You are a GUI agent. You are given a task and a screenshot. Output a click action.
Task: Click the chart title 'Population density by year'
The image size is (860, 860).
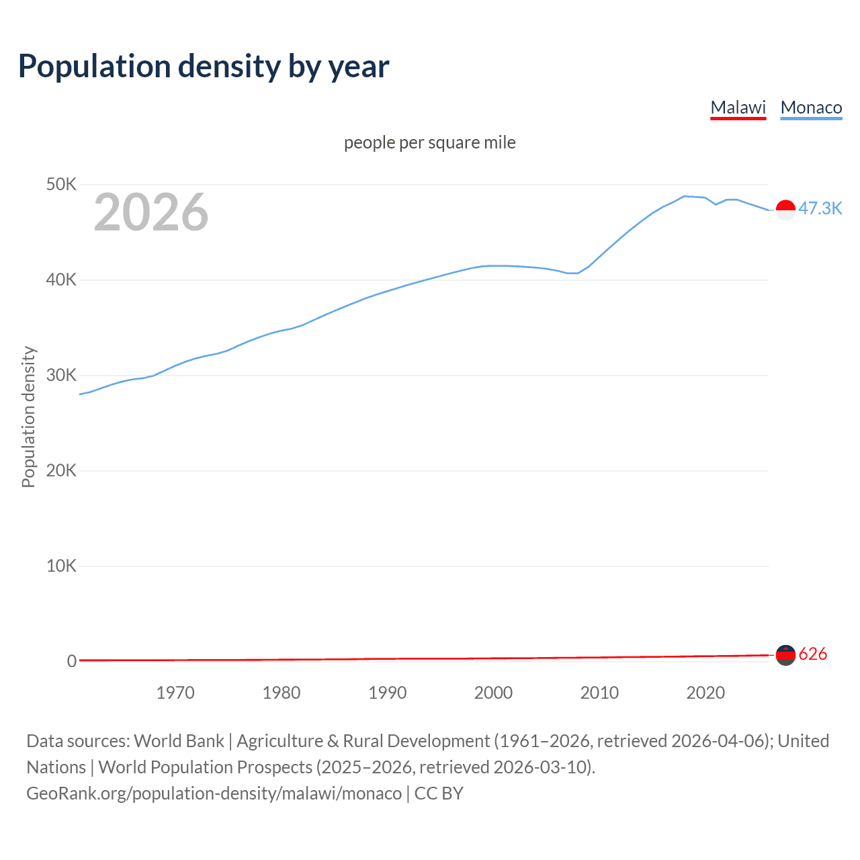pyautogui.click(x=204, y=67)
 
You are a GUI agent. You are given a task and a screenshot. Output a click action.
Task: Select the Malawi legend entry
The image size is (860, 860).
pyautogui.click(x=738, y=107)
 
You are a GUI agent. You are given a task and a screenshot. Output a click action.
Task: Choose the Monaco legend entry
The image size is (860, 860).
pyautogui.click(x=811, y=107)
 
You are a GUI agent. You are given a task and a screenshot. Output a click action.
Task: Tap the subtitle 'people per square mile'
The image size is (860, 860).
pyautogui.click(x=429, y=142)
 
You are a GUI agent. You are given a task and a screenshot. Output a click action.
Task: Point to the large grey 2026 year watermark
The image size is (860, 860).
pyautogui.click(x=151, y=212)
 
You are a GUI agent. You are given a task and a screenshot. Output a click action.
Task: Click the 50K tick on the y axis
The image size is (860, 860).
pyautogui.click(x=61, y=184)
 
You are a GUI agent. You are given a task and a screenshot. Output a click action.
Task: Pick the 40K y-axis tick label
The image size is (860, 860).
pyautogui.click(x=61, y=279)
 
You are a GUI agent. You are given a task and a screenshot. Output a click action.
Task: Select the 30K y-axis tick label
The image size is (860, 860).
pyautogui.click(x=61, y=375)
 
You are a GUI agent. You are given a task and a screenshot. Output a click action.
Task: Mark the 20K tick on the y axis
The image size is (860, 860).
pyautogui.click(x=61, y=470)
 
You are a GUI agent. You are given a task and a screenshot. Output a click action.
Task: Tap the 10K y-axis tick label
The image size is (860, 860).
pyautogui.click(x=61, y=566)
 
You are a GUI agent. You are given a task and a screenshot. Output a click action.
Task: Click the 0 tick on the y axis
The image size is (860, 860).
pyautogui.click(x=71, y=661)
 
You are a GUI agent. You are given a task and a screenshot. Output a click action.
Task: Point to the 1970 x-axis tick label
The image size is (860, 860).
pyautogui.click(x=175, y=693)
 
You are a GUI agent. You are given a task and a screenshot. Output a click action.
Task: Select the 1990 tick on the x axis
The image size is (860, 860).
pyautogui.click(x=387, y=693)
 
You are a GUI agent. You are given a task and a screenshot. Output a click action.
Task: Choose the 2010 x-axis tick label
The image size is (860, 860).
pyautogui.click(x=599, y=693)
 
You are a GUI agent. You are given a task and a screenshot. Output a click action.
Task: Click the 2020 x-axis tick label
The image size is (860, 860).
pyautogui.click(x=705, y=693)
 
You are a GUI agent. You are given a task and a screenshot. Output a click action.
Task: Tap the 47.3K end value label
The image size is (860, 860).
pyautogui.click(x=820, y=208)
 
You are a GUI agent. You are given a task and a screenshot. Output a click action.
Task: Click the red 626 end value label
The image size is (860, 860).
pyautogui.click(x=813, y=654)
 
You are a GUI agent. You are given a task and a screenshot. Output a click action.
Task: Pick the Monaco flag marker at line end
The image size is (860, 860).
pyautogui.click(x=785, y=210)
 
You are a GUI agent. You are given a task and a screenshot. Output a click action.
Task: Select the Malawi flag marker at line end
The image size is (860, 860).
pyautogui.click(x=785, y=654)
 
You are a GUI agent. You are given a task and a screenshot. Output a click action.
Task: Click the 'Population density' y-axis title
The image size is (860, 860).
pyautogui.click(x=28, y=417)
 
